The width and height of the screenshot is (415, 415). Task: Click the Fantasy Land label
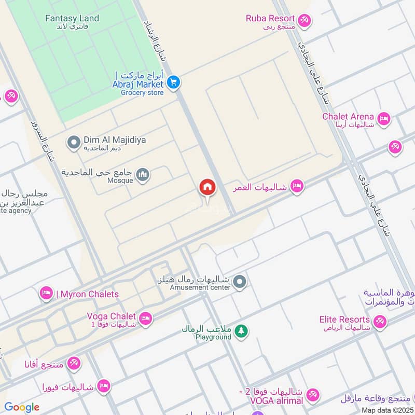click(x=72, y=18)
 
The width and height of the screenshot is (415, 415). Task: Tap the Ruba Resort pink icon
click(x=305, y=20)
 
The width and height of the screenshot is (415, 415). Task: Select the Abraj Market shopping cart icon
click(x=173, y=82)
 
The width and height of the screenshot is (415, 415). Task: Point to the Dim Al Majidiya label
click(x=115, y=140)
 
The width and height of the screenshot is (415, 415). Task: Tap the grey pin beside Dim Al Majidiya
click(x=74, y=141)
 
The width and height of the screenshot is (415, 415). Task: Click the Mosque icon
click(x=144, y=175)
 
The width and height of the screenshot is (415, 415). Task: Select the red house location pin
click(x=208, y=187)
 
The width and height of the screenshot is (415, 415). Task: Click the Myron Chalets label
click(x=89, y=294)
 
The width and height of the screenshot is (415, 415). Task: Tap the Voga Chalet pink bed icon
click(x=146, y=319)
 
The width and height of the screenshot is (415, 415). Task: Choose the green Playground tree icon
click(x=241, y=330)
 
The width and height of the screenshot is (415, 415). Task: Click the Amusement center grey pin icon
click(x=239, y=282)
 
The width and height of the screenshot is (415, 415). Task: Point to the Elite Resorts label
click(x=345, y=320)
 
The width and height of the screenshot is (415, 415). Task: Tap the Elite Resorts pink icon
click(x=381, y=323)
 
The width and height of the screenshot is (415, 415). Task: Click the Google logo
click(x=22, y=407)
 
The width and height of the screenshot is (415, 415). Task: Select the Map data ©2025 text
click(x=388, y=410)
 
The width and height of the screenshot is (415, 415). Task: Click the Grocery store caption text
click(x=142, y=93)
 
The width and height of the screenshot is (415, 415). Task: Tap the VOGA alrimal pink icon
click(x=312, y=396)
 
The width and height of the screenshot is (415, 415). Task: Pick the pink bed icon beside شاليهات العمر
click(x=297, y=186)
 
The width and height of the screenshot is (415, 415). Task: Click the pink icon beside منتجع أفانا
click(x=74, y=364)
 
